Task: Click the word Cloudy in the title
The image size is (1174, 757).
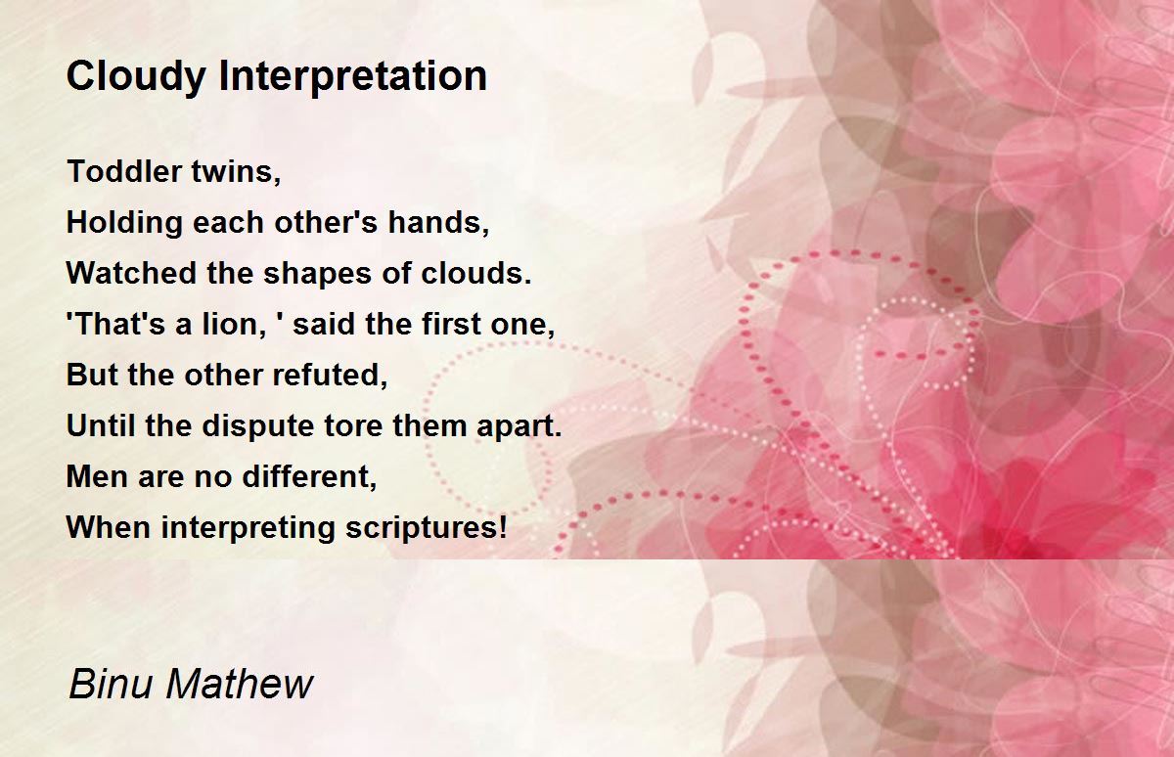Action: tap(136, 77)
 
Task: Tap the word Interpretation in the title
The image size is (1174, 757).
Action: tap(353, 76)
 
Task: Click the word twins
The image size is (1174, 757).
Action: tap(236, 171)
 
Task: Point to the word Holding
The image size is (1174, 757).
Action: tap(125, 223)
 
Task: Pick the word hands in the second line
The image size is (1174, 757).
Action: tap(434, 222)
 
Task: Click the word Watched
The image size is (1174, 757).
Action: tap(131, 273)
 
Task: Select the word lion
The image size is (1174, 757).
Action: tap(230, 324)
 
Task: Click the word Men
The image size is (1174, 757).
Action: tap(98, 476)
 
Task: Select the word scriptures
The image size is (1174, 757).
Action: tap(422, 527)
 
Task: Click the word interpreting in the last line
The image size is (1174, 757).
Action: tap(248, 527)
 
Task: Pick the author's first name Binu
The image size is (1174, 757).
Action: tap(111, 685)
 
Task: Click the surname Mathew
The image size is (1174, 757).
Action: tap(240, 685)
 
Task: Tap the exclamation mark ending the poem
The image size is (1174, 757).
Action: tap(503, 526)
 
